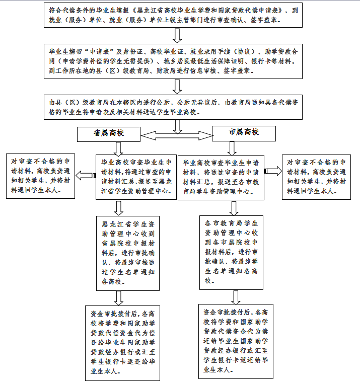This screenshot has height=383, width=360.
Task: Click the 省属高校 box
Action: (109, 134)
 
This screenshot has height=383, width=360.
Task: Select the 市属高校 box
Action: (244, 133)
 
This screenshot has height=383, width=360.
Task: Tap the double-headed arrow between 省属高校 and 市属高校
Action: (177, 135)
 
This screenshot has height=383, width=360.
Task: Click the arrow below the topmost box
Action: (177, 36)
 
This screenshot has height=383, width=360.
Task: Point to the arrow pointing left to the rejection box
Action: (86, 175)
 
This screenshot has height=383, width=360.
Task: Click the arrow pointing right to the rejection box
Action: (273, 171)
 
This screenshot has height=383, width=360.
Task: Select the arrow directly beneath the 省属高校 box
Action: (118, 149)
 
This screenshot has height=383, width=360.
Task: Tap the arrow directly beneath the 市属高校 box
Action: (232, 148)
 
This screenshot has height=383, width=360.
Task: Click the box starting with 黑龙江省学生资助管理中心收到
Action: (128, 253)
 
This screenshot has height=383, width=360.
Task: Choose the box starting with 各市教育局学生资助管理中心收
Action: (231, 253)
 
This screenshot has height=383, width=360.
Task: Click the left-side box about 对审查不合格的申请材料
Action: (41, 176)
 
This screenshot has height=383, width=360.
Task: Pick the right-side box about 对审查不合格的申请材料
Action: (316, 177)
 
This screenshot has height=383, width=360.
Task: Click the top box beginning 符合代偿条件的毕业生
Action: (173, 15)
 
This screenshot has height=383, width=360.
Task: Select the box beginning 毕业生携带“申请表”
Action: (173, 61)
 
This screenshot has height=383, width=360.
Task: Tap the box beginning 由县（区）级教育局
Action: (173, 107)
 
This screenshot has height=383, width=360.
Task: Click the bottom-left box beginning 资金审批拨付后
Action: (122, 343)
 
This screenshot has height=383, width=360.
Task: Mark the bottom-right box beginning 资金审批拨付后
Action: (236, 341)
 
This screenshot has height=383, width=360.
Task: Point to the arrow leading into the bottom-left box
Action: (118, 298)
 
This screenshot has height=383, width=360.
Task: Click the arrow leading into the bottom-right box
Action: (236, 297)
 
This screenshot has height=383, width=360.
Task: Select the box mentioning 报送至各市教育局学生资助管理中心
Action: (221, 178)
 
